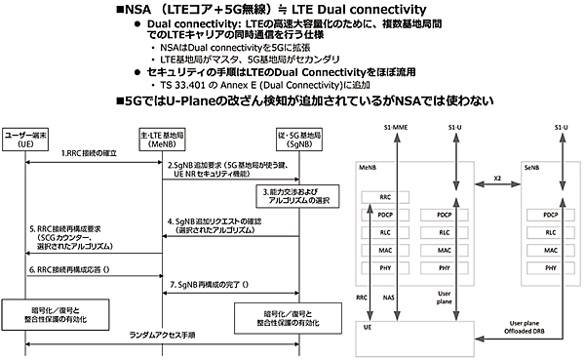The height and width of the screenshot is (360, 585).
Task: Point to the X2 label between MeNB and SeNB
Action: pyautogui.click(x=496, y=180)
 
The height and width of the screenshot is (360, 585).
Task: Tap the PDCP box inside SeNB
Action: pyautogui.click(x=552, y=215)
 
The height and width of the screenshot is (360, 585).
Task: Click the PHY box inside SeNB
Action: pyautogui.click(x=552, y=266)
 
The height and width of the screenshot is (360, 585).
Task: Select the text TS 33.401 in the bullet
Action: pyautogui.click(x=181, y=85)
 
